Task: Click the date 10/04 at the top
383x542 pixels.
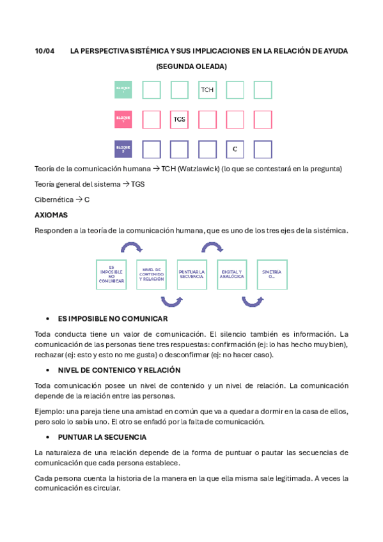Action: point(43,50)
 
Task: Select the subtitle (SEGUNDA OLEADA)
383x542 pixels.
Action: point(191,66)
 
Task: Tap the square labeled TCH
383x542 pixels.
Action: point(207,89)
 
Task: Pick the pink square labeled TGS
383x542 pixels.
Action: point(180,120)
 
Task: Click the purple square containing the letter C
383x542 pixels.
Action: point(235,149)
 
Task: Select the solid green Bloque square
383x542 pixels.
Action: point(123,89)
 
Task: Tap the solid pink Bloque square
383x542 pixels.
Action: point(123,120)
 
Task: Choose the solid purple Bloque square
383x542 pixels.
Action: point(123,149)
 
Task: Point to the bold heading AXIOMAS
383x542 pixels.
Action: point(51,215)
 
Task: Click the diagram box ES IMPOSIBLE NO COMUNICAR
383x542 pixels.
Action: point(111,275)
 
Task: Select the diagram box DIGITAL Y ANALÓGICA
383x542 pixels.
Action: point(232,275)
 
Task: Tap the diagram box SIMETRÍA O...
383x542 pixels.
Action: point(272,275)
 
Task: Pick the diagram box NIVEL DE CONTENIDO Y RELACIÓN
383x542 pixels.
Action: point(152,275)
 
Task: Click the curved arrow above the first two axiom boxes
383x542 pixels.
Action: point(132,247)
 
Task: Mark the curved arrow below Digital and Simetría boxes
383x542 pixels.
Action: point(252,302)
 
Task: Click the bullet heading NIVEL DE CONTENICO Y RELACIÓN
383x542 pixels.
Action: point(119,370)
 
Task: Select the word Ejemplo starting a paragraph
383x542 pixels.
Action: point(49,412)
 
